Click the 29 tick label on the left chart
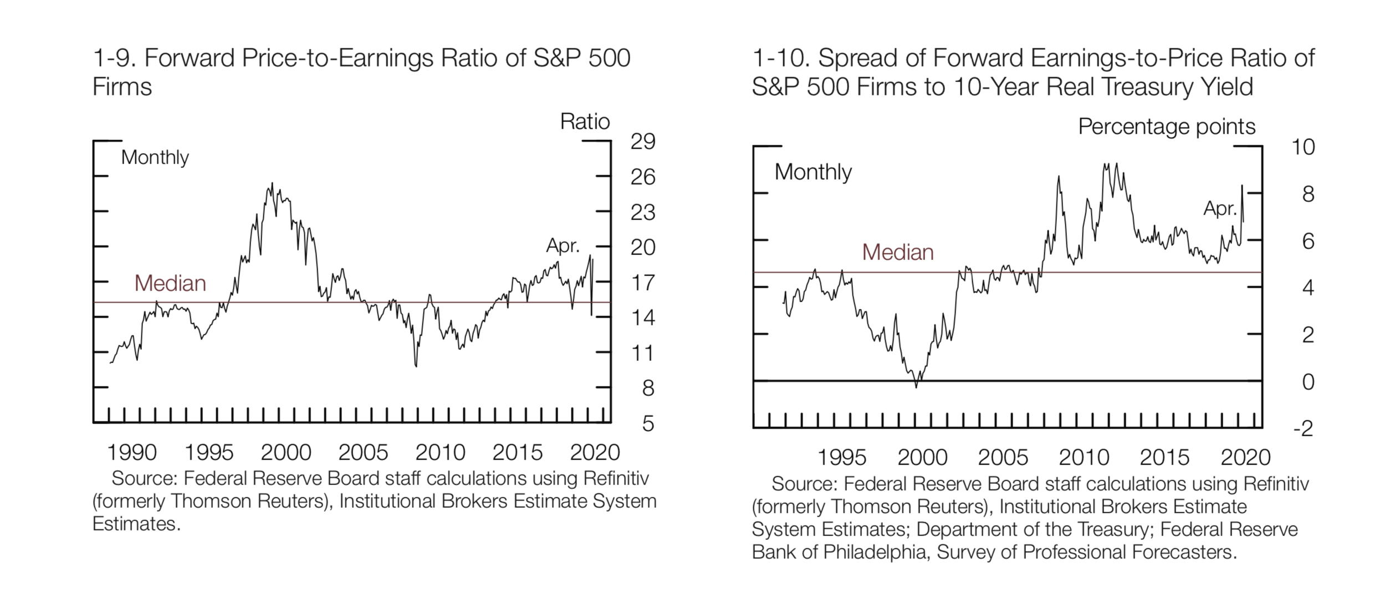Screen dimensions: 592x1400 tap(643, 142)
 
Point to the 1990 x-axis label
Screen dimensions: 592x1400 tap(132, 453)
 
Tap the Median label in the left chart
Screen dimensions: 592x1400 tap(170, 284)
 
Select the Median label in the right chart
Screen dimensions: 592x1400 tap(898, 253)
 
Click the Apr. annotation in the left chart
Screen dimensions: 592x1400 tap(563, 246)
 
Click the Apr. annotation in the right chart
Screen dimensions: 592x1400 tap(1220, 209)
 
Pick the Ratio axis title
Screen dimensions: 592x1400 tap(585, 121)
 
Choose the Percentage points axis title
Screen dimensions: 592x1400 tap(1167, 127)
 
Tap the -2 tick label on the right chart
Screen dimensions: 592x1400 tap(1303, 428)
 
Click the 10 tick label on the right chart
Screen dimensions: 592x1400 tap(1303, 147)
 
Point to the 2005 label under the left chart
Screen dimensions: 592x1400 tap(363, 453)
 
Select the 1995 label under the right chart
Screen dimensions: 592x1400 tap(842, 458)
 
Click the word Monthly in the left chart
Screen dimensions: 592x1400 tap(155, 158)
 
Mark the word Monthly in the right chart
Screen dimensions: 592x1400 tap(813, 172)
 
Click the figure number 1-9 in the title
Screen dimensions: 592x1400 tap(113, 58)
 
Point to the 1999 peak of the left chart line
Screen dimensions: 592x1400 tap(272, 183)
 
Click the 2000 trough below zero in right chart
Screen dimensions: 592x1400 tap(916, 386)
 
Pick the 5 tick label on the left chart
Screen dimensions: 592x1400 tap(648, 424)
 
